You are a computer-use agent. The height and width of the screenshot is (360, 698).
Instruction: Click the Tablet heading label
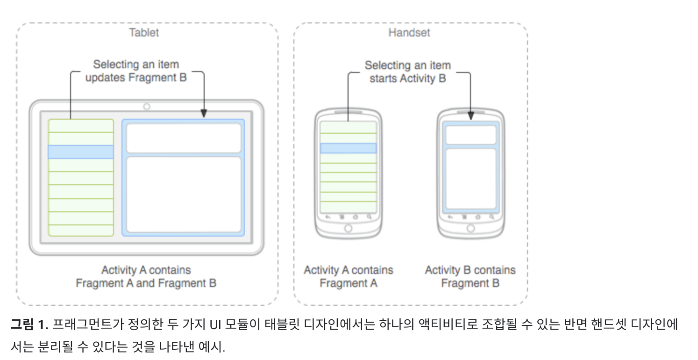coord(144,33)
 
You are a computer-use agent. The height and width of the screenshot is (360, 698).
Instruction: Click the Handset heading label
coord(409,33)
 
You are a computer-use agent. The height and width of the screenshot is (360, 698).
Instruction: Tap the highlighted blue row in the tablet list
coord(81,152)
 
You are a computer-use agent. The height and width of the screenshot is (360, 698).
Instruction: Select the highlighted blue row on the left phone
coord(348,148)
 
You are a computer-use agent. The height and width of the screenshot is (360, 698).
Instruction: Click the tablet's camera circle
coord(147,107)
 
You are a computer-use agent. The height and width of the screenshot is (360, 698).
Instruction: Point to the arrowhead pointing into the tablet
coord(204,114)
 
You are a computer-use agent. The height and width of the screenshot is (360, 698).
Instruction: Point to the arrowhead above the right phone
coord(470,114)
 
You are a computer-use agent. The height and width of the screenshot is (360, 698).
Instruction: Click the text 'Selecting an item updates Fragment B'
coord(136,71)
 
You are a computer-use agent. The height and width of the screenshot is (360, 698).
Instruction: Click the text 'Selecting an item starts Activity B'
coord(408,72)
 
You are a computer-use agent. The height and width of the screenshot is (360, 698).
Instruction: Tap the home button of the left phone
coord(348,228)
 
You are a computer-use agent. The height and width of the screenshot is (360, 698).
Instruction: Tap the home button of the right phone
coord(470,228)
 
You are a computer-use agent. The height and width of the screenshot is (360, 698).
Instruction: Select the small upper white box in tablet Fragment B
coord(184,138)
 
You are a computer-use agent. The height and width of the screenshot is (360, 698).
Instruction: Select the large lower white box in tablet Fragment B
coord(184,194)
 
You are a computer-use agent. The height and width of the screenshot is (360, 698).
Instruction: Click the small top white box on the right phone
coord(470,135)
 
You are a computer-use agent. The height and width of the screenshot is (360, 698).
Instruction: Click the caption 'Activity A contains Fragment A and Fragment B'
coord(146,276)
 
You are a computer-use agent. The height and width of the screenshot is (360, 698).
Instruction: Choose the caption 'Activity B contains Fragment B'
coord(470,276)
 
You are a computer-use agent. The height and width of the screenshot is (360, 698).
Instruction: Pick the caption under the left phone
coord(349,276)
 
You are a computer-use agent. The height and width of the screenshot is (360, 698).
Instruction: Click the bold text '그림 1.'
coord(29,324)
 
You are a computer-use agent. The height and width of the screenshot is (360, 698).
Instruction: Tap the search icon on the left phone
coord(369,217)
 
